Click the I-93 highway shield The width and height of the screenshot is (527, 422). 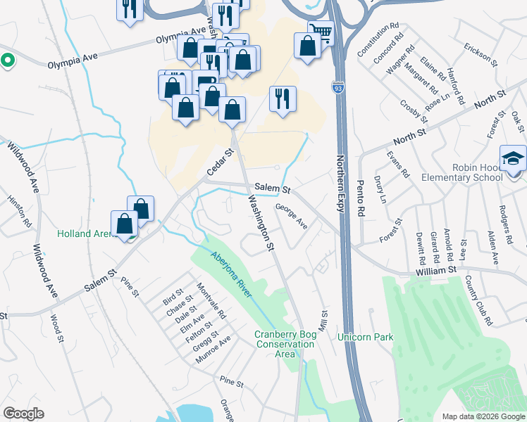pyautogui.click(x=339, y=87)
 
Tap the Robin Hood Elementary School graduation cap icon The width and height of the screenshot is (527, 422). pyautogui.click(x=513, y=158)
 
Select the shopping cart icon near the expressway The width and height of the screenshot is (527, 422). pyautogui.click(x=319, y=32)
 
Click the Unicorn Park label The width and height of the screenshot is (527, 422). pyautogui.click(x=365, y=337)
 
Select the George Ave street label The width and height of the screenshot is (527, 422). pyautogui.click(x=292, y=217)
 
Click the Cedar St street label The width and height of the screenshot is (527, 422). pyautogui.click(x=219, y=162)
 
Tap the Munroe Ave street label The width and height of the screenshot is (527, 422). pyautogui.click(x=214, y=350)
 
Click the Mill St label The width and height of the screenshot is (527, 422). pyautogui.click(x=325, y=323)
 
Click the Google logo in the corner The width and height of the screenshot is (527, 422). pyautogui.click(x=24, y=414)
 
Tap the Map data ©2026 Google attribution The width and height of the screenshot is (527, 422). pyautogui.click(x=483, y=416)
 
